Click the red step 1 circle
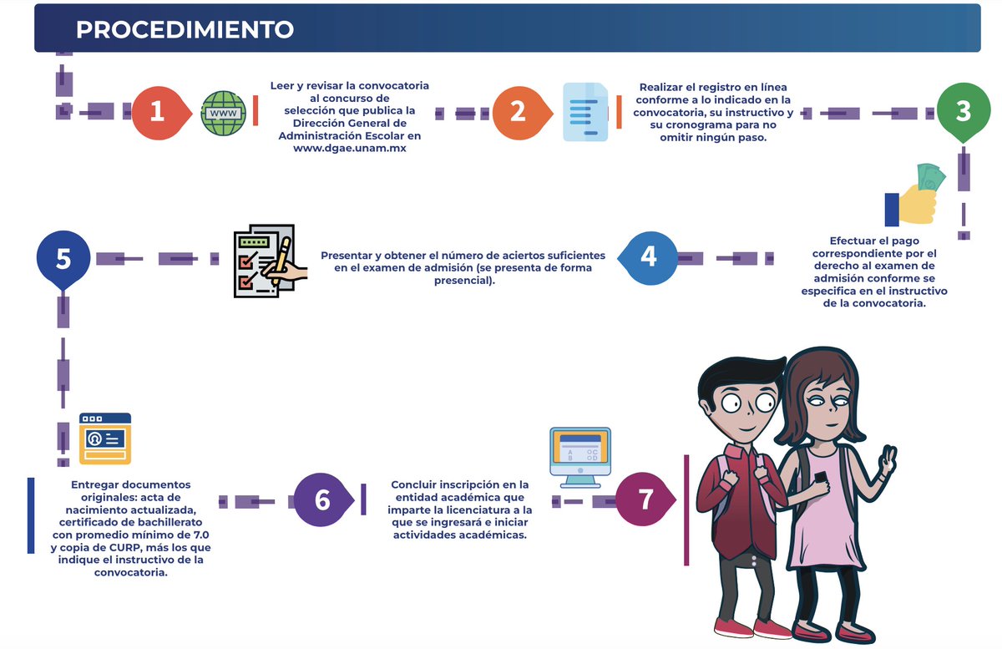point(157,111)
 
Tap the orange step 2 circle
point(518,111)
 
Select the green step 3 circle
point(964,111)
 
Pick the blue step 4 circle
point(648,256)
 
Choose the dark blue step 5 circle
point(63,259)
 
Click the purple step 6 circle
point(322,499)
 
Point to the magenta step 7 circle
point(645,499)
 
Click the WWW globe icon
point(224,112)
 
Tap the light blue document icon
point(585,112)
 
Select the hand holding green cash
point(915,196)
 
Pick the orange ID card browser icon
point(104,438)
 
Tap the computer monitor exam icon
point(579,456)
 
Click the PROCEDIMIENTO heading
point(185,30)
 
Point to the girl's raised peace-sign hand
point(888,461)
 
